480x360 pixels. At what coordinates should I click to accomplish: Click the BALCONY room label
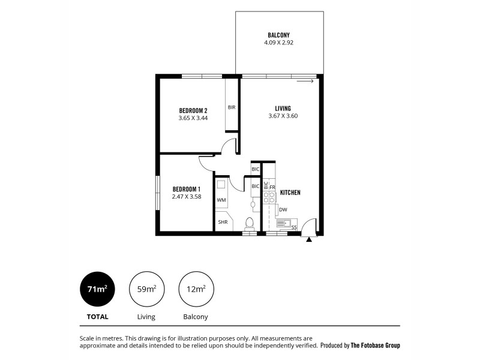279,35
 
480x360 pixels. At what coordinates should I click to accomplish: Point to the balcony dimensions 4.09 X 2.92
279,43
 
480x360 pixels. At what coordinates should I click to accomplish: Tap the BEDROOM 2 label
193,110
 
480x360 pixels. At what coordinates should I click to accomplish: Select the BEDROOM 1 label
186,188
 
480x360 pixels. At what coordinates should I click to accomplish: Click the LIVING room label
283,108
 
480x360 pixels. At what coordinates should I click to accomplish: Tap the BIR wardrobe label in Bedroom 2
232,107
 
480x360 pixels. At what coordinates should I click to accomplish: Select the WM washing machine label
221,200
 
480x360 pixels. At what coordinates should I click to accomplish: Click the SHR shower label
222,223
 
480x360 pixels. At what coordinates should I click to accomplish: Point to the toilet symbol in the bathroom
250,223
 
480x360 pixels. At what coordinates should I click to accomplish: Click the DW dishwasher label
283,209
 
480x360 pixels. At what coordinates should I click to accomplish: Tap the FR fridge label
272,188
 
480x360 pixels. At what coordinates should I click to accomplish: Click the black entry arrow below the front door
309,239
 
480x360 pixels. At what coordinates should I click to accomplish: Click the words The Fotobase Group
375,346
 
